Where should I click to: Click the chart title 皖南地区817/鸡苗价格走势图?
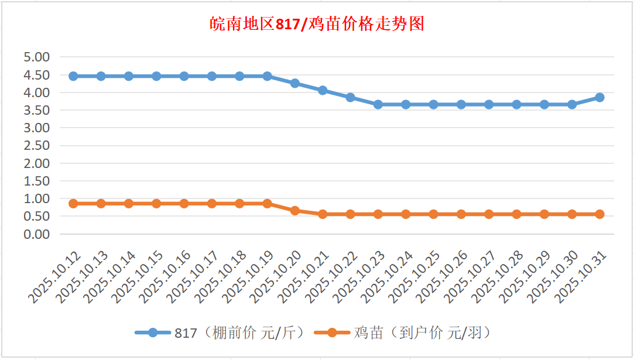pos(317,24)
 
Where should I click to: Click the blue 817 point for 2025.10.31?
pos(599,97)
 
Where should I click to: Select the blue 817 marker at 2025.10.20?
pos(295,83)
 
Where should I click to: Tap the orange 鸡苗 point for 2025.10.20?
pos(295,211)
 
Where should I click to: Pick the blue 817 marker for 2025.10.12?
pos(73,76)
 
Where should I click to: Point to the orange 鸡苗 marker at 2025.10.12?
pos(73,204)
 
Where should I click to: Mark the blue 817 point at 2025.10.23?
pos(378,104)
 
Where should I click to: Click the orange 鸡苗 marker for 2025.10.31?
pos(599,214)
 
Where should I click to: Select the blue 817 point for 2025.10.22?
pos(350,97)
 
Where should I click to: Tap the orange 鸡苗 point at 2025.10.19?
pos(267,204)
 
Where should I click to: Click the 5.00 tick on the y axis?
pos(36,57)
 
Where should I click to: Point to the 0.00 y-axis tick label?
pos(36,234)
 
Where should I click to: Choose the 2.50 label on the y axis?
pos(36,146)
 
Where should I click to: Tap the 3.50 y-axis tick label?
pos(36,110)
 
